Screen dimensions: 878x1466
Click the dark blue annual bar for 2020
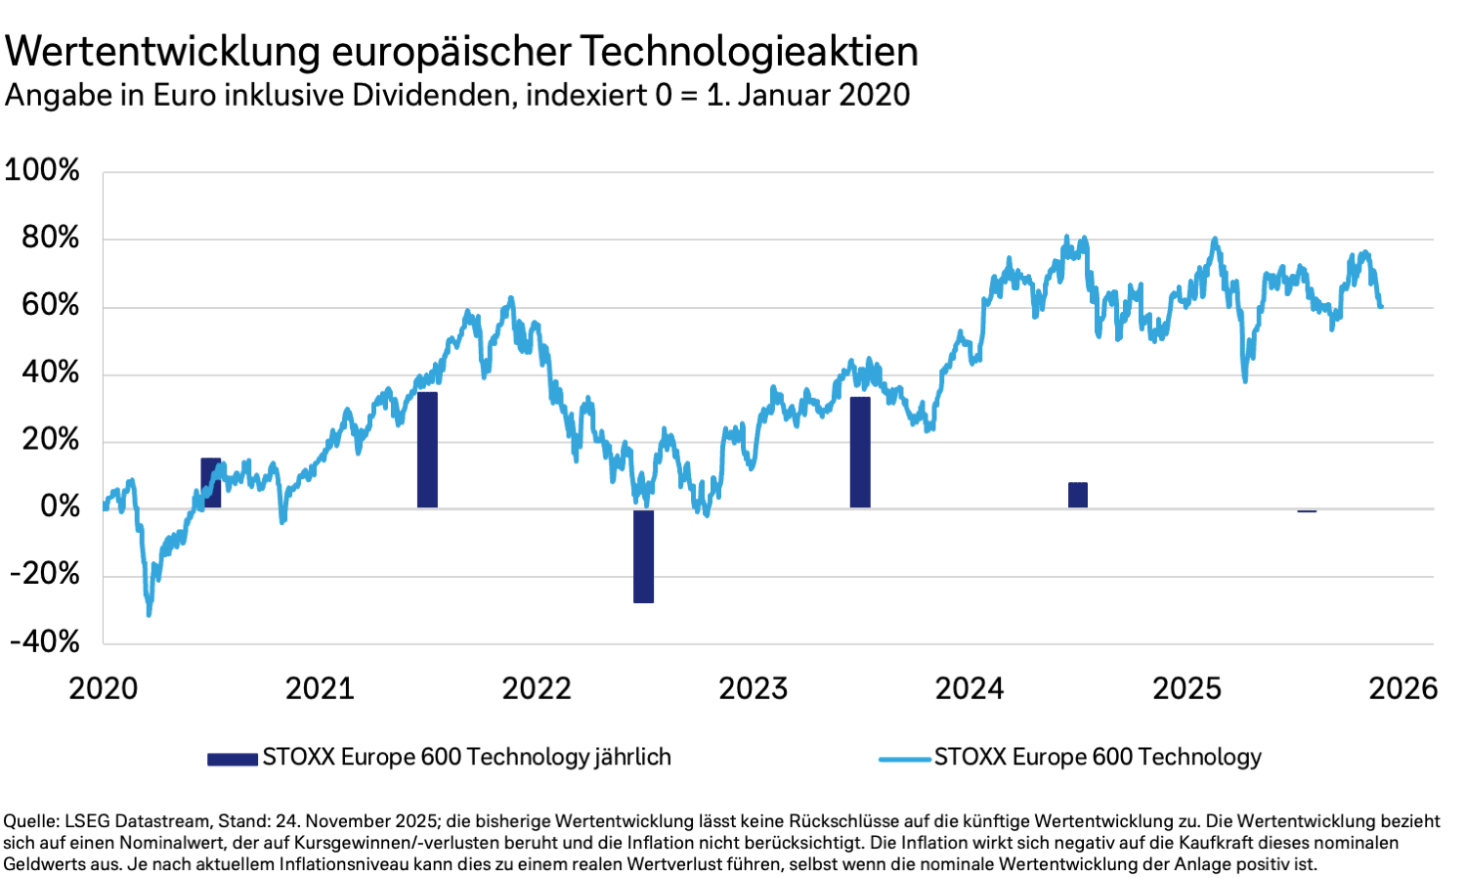[211, 483]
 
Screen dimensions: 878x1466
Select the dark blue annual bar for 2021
[427, 450]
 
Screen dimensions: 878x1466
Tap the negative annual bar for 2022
[643, 556]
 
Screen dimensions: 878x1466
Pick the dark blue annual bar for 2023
[860, 452]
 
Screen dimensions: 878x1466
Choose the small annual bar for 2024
[1077, 495]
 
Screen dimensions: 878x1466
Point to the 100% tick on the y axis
[42, 170]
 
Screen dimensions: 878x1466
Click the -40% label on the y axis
[45, 641]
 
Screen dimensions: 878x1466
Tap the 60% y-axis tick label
[51, 305]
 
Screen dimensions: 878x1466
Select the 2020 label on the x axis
[104, 688]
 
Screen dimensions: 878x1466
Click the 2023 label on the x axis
[753, 688]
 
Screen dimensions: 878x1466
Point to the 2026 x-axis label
[1402, 688]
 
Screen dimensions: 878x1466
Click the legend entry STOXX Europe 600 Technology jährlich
[466, 758]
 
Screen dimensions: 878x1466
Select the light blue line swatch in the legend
[904, 759]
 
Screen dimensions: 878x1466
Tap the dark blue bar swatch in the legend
[233, 759]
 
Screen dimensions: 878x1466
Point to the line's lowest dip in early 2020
[149, 614]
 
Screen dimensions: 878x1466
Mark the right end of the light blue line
[1381, 307]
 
